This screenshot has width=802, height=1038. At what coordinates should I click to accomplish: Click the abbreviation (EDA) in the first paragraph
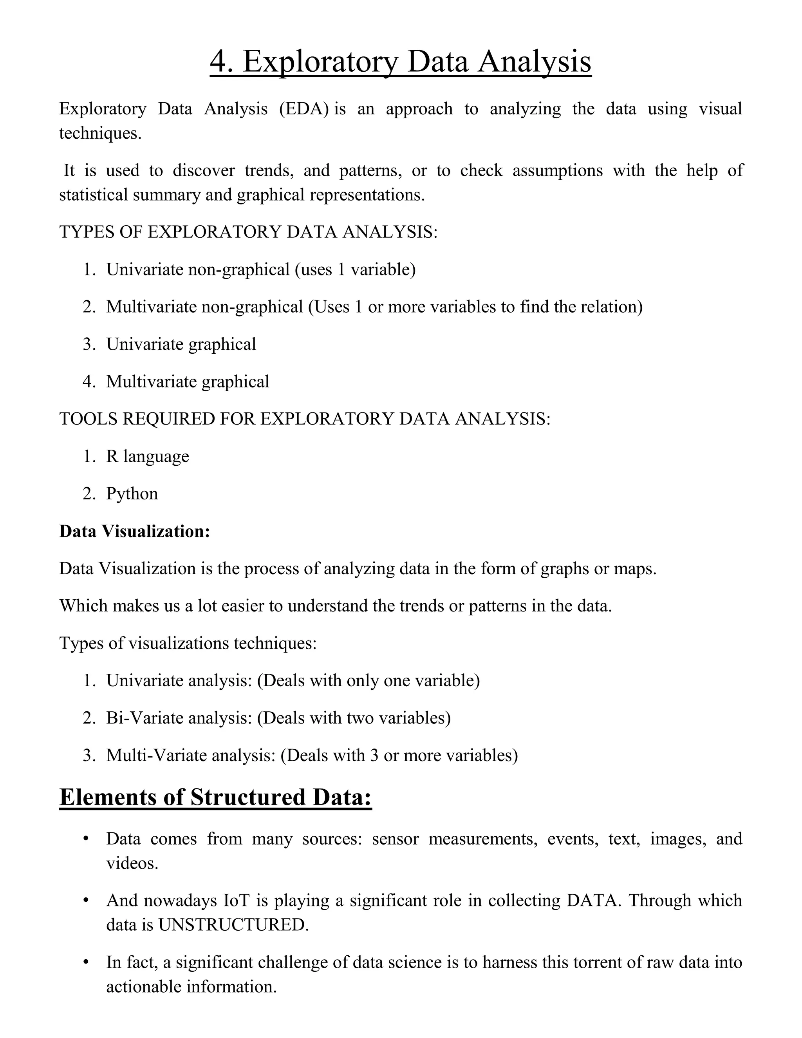pos(303,109)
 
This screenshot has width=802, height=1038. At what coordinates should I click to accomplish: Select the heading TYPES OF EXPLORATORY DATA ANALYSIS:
pos(248,232)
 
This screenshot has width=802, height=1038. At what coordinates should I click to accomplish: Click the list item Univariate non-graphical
pos(198,269)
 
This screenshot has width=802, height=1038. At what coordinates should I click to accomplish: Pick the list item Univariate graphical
pos(181,344)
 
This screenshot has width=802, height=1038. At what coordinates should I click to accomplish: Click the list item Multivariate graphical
pos(188,382)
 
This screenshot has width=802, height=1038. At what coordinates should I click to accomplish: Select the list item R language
pos(147,456)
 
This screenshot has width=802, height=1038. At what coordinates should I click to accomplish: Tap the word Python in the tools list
pos(132,494)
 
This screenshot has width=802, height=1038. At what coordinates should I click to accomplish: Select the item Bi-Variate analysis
pos(179,718)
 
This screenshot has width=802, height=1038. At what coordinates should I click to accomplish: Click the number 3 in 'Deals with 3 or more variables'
pos(374,755)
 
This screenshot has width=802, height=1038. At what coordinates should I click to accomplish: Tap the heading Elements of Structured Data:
pos(215,797)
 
